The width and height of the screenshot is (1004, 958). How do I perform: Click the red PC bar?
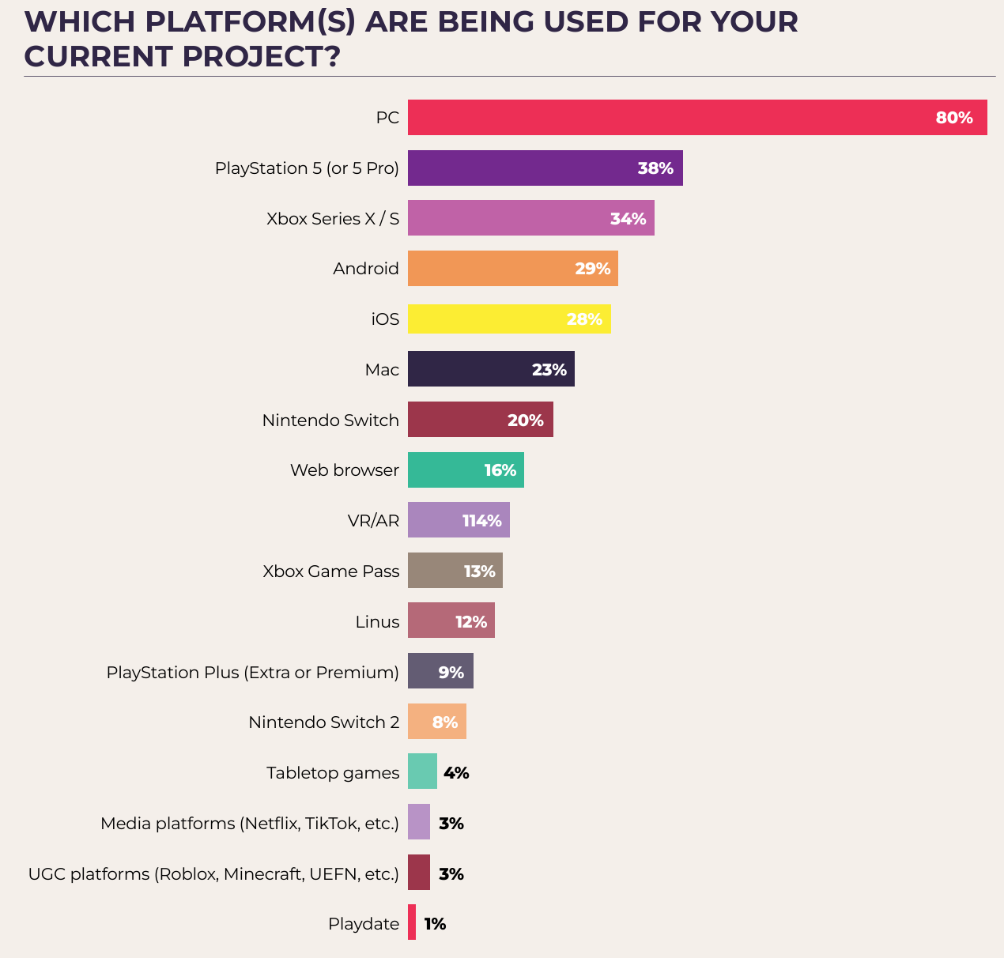672,118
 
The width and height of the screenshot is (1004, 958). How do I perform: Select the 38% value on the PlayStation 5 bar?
655,168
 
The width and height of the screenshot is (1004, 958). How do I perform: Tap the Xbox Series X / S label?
333,219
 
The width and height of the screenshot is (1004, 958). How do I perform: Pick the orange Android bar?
490,269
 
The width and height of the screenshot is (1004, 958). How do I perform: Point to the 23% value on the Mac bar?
549,370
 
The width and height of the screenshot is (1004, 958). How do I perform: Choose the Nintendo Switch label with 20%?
330,421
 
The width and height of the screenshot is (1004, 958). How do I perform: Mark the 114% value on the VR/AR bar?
482,521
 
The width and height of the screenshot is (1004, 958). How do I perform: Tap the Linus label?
377,622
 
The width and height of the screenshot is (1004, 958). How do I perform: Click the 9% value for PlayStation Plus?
451,673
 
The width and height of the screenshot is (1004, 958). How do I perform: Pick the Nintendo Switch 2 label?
324,722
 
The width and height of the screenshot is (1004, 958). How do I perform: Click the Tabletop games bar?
422,771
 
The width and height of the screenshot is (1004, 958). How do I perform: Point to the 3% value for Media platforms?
451,824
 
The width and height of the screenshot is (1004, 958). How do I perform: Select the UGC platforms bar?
419,873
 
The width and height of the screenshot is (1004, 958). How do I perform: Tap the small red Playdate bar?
412,922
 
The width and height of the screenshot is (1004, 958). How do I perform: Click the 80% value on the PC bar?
954,119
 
